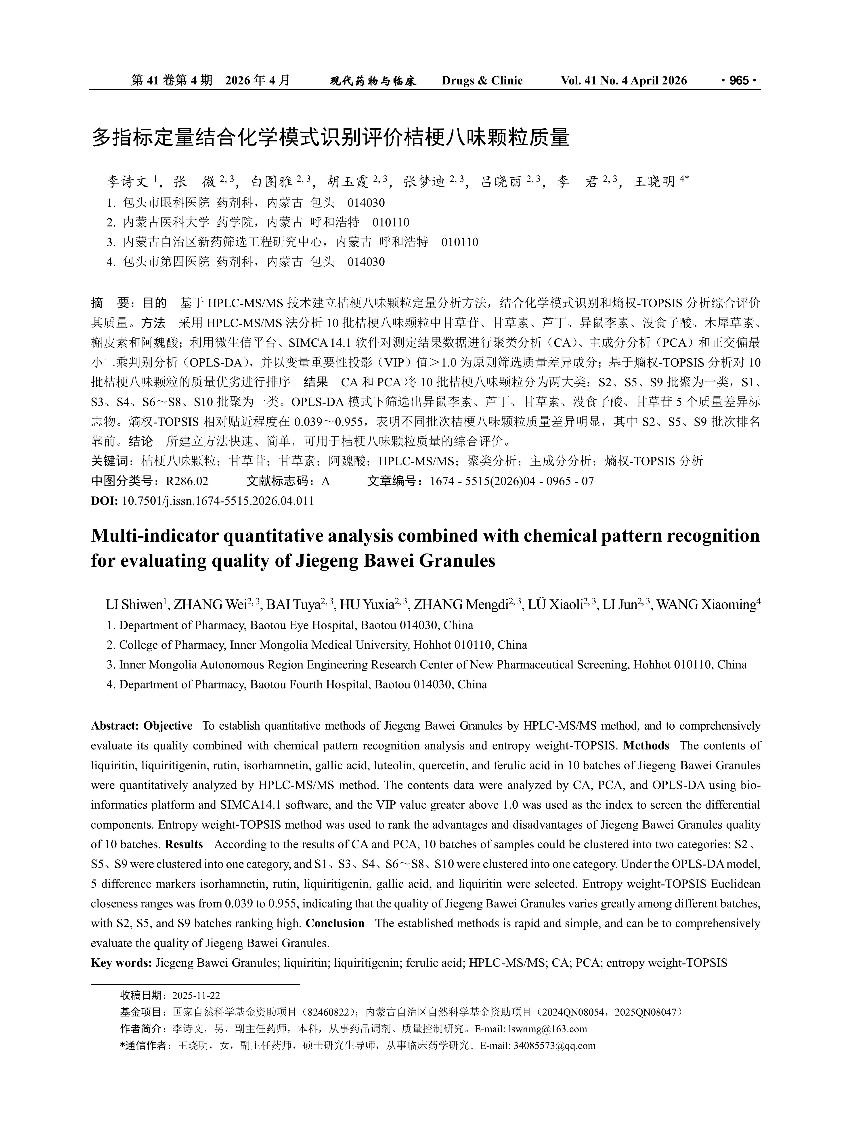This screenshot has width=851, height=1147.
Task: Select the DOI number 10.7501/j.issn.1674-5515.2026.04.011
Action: point(217,501)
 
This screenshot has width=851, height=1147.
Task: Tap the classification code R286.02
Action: point(187,481)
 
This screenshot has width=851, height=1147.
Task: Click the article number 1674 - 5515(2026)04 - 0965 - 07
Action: point(511,481)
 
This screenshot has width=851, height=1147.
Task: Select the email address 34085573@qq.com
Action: point(555,1046)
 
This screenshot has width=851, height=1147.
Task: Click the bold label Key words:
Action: point(121,962)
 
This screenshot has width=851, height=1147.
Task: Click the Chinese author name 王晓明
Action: point(654,181)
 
